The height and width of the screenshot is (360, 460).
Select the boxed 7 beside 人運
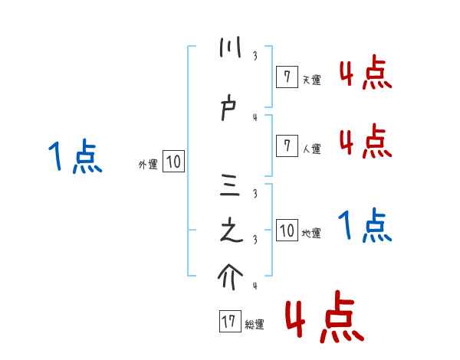[286, 146]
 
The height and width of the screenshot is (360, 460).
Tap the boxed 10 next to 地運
[287, 230]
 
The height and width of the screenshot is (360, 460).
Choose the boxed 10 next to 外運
[173, 162]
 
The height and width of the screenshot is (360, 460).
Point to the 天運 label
[311, 80]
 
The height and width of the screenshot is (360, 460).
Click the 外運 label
[148, 165]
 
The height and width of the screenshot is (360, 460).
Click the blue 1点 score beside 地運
[365, 225]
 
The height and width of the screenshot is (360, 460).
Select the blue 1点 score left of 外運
[75, 158]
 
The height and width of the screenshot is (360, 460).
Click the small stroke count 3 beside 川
[255, 55]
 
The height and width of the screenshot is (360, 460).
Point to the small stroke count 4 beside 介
[255, 286]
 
